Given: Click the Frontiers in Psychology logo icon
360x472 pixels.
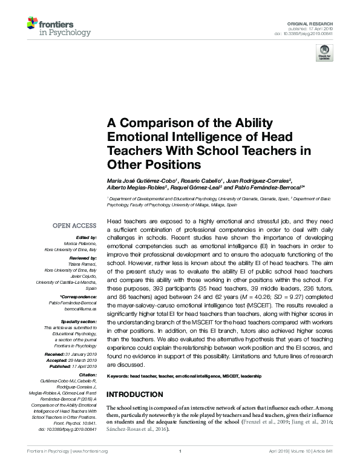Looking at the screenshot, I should tap(32, 25).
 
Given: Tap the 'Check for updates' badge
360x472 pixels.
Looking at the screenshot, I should tap(324, 54).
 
